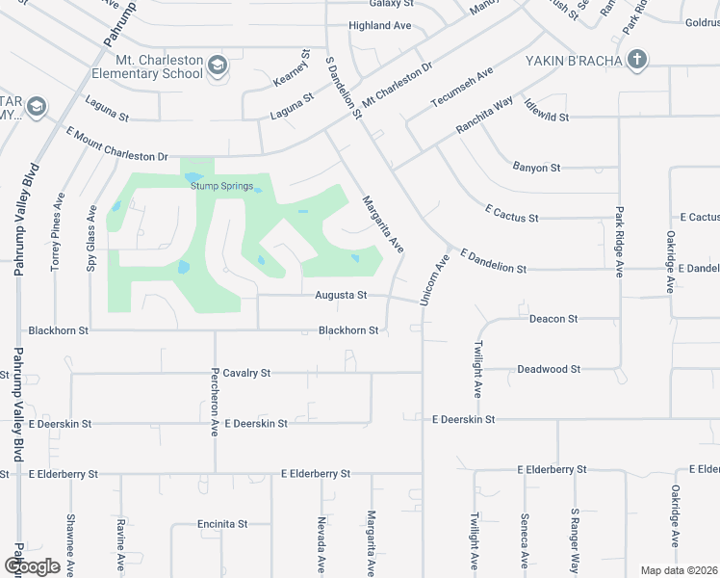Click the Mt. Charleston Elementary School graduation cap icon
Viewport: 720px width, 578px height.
219,65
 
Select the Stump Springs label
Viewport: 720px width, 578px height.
220,186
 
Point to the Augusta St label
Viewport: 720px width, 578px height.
341,296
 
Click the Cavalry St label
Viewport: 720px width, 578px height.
247,373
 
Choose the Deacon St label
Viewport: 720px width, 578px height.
553,318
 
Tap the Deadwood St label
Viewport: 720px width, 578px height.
549,369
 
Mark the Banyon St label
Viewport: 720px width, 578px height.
536,168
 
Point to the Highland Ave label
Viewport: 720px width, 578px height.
380,25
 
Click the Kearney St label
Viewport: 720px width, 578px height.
306,66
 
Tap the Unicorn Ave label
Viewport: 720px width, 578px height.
435,280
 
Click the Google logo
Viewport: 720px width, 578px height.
32,565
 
